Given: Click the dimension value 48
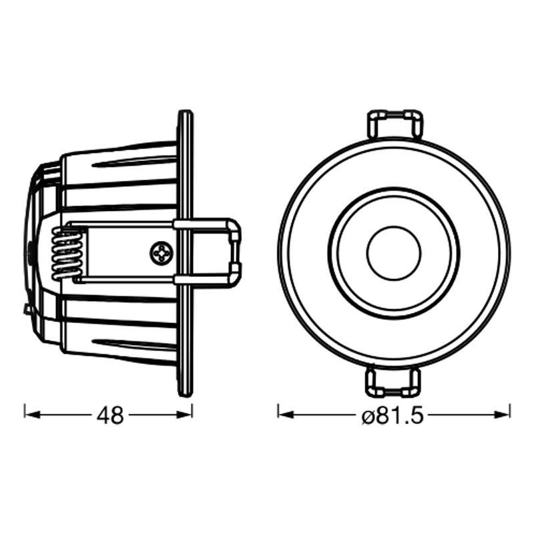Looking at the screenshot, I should coord(109,415).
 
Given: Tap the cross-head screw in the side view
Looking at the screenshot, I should coord(162,253).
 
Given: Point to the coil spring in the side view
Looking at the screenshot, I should coord(67,254).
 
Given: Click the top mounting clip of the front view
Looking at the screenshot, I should coord(394,125).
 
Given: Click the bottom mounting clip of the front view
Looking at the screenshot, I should coord(394,382).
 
